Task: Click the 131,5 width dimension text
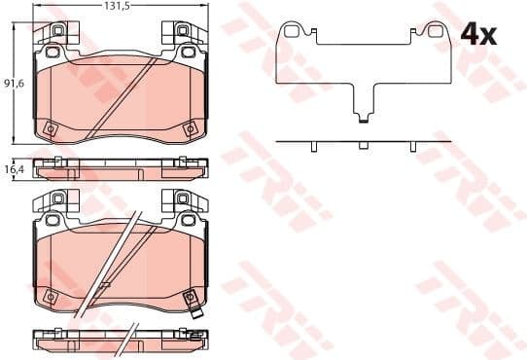[x=118, y=6]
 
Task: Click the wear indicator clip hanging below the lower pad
[x=196, y=313]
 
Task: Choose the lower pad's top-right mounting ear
[x=181, y=201]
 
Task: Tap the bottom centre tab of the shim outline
[x=363, y=119]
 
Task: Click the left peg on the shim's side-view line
[x=313, y=147]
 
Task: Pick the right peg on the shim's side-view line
[x=413, y=147]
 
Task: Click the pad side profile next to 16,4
[x=119, y=168]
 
